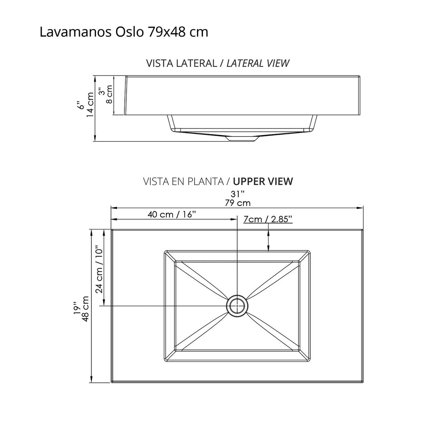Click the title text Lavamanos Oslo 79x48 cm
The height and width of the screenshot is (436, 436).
124,32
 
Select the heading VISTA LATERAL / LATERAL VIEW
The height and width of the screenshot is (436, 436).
218,63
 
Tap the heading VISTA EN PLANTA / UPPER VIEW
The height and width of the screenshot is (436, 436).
218,181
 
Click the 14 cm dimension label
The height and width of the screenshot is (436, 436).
90,105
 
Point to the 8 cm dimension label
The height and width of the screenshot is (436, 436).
109,94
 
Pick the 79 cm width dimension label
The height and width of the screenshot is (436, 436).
237,203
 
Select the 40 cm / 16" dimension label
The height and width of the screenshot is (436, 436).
171,214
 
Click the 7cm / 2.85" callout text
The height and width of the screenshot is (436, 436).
268,219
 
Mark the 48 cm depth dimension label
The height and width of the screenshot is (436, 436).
85,309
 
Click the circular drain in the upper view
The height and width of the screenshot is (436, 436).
237,306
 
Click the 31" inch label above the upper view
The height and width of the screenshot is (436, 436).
237,194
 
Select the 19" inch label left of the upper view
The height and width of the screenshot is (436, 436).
76,308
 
